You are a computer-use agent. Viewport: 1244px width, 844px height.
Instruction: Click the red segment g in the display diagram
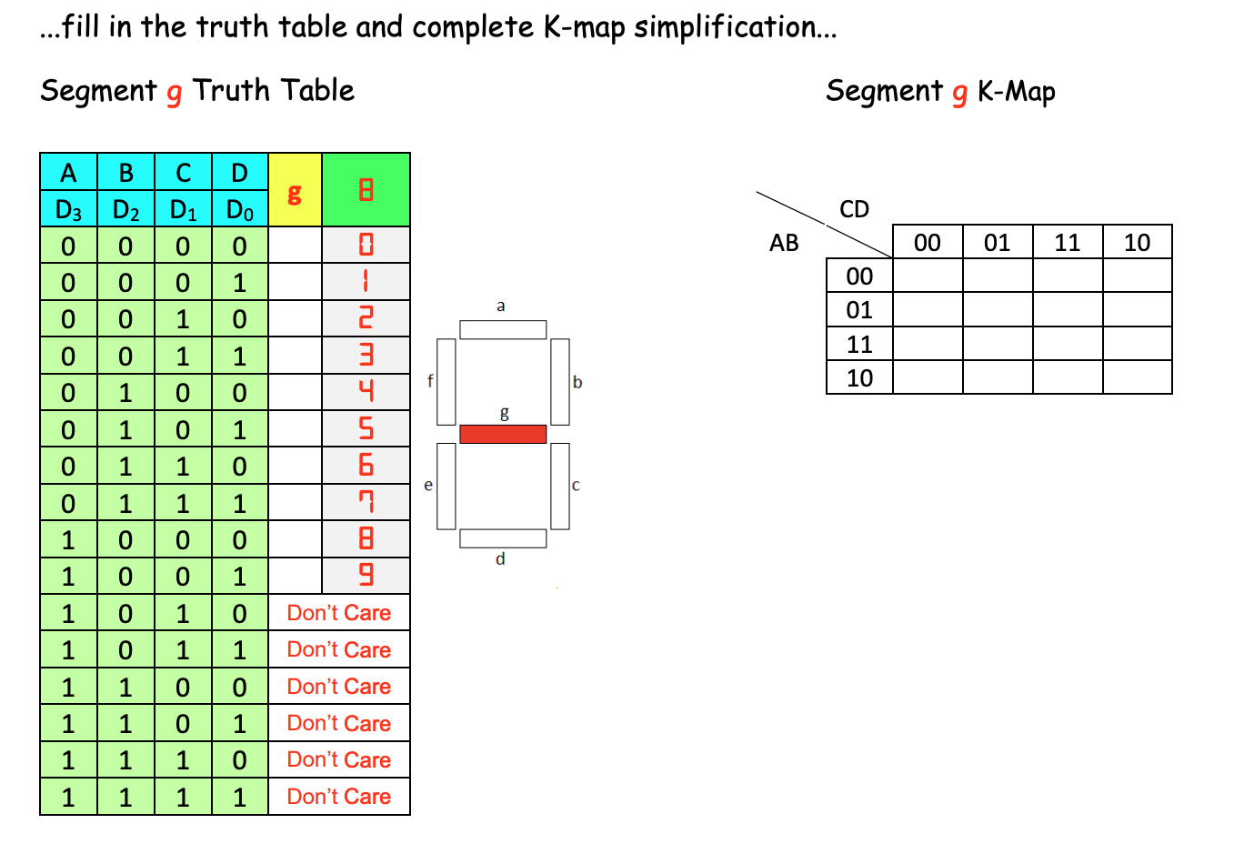click(x=503, y=434)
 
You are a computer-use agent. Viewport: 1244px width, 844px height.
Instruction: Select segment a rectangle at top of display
click(x=503, y=329)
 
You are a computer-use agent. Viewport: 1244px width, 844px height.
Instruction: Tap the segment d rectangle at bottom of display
click(x=503, y=538)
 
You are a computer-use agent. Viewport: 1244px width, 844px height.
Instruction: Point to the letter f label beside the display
click(x=430, y=381)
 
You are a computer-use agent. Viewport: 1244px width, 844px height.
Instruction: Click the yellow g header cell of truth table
click(x=295, y=190)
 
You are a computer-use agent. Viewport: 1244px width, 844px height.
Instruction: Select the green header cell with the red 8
click(x=366, y=190)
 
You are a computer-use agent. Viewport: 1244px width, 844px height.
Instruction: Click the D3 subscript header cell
click(x=68, y=210)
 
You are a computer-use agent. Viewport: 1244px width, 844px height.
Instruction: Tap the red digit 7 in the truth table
click(x=366, y=502)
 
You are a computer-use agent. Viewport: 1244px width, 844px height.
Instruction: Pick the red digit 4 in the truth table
click(x=366, y=392)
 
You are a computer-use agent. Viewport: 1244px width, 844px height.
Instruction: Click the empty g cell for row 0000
click(x=295, y=246)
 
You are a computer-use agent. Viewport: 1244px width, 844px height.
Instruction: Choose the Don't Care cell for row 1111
click(x=339, y=797)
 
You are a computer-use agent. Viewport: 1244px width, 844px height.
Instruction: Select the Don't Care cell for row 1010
click(x=339, y=613)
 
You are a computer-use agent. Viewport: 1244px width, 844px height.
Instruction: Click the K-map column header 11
click(x=1067, y=242)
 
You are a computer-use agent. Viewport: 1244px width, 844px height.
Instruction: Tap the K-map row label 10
click(x=859, y=377)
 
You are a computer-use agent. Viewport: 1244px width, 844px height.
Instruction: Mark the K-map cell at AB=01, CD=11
click(x=1067, y=309)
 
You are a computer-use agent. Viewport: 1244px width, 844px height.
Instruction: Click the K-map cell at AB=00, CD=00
click(x=927, y=276)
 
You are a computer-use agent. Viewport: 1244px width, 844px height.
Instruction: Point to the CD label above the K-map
click(x=854, y=209)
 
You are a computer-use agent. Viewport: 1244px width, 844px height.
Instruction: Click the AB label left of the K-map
click(x=784, y=242)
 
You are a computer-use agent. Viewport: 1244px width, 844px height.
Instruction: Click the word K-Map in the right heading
click(x=1016, y=91)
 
